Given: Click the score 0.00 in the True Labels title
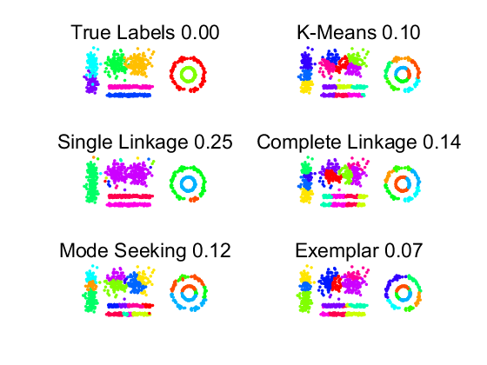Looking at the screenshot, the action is [x=200, y=32].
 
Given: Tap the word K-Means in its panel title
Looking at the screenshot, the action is [x=337, y=32].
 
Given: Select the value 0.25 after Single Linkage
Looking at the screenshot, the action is [x=213, y=143].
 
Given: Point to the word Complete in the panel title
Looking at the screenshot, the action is [x=298, y=143].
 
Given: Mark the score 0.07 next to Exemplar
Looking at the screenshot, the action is [x=404, y=251].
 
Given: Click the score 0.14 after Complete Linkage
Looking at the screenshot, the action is [x=442, y=143].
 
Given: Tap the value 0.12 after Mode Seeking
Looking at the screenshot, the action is [x=211, y=251].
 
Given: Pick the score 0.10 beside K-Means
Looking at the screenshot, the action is [x=402, y=32].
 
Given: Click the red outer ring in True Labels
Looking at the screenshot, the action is [x=171, y=74].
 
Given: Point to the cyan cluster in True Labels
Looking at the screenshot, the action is [x=92, y=62].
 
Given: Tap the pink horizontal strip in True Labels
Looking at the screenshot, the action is [x=130, y=87].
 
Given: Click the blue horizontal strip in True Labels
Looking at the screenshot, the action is [x=129, y=96].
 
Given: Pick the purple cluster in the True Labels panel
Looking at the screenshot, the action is [x=91, y=83].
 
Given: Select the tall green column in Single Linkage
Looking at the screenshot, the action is [x=91, y=182].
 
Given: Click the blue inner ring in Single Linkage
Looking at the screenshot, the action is [x=188, y=178].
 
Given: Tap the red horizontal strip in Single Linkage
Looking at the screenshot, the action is [x=130, y=196].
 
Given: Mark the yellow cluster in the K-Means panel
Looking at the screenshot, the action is [x=306, y=87].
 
